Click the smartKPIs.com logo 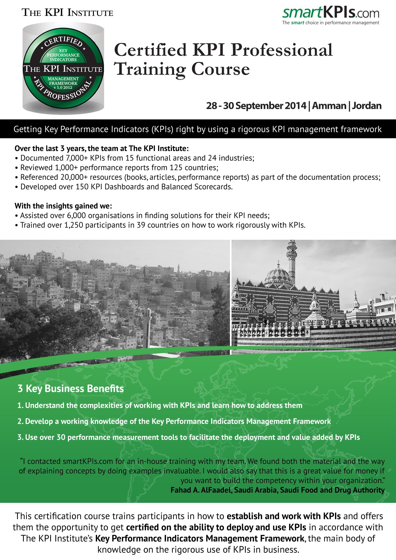pyautogui.click(x=331, y=13)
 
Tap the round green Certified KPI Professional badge pyautogui.click(x=63, y=69)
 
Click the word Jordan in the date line pyautogui.click(x=367, y=106)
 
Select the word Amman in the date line pyautogui.click(x=329, y=106)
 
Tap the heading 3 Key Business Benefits pyautogui.click(x=71, y=389)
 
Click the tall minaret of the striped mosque pyautogui.click(x=292, y=259)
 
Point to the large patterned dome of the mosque pyautogui.click(x=278, y=275)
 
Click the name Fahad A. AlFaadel pyautogui.click(x=201, y=490)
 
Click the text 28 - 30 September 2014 pyautogui.click(x=256, y=106)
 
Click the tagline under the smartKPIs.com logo pyautogui.click(x=331, y=23)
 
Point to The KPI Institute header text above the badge pyautogui.click(x=67, y=13)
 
